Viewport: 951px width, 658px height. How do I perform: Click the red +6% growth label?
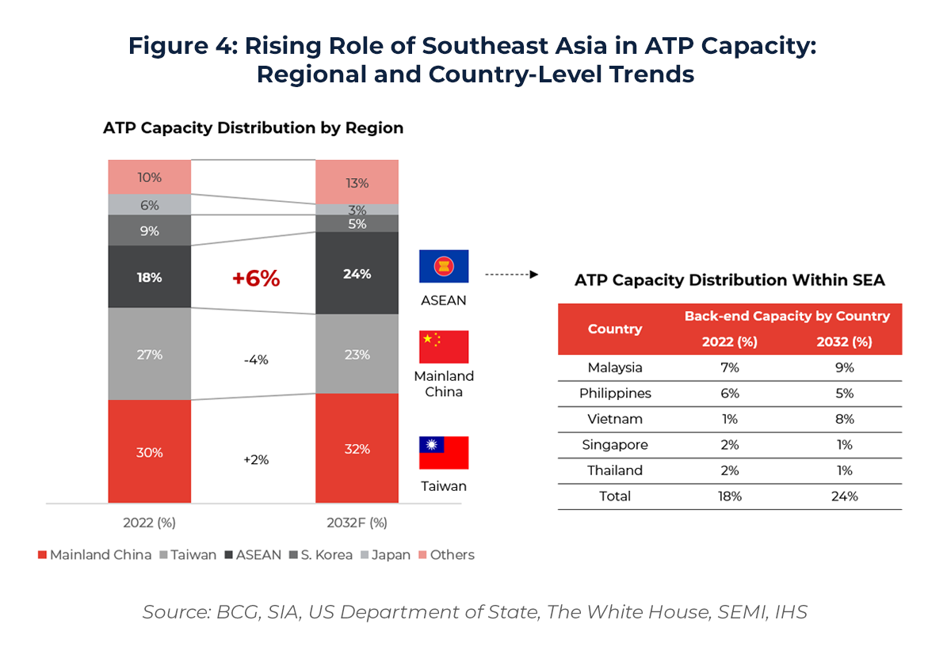coord(255,279)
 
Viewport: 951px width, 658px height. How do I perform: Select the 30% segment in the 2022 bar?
coord(149,452)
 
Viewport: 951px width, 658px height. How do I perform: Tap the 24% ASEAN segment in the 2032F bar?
coord(357,274)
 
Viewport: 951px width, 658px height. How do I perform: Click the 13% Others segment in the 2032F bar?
coord(357,183)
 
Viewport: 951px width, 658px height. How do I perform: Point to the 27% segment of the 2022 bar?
coord(149,355)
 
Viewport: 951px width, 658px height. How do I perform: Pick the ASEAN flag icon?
coord(444,266)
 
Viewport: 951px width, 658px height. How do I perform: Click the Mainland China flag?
coord(444,347)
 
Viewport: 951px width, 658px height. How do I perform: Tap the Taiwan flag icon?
coord(444,452)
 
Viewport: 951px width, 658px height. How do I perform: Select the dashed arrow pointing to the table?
coord(511,275)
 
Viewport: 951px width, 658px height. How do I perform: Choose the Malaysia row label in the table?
coord(615,367)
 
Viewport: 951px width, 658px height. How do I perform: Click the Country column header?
coord(615,329)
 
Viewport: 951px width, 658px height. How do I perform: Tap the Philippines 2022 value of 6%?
coord(730,394)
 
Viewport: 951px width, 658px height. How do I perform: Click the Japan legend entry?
coord(385,555)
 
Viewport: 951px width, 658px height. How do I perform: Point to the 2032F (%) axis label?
coord(357,523)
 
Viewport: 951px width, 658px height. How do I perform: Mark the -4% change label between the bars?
coord(255,359)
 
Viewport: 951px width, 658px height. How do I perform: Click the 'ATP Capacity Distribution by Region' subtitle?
coord(253,128)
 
